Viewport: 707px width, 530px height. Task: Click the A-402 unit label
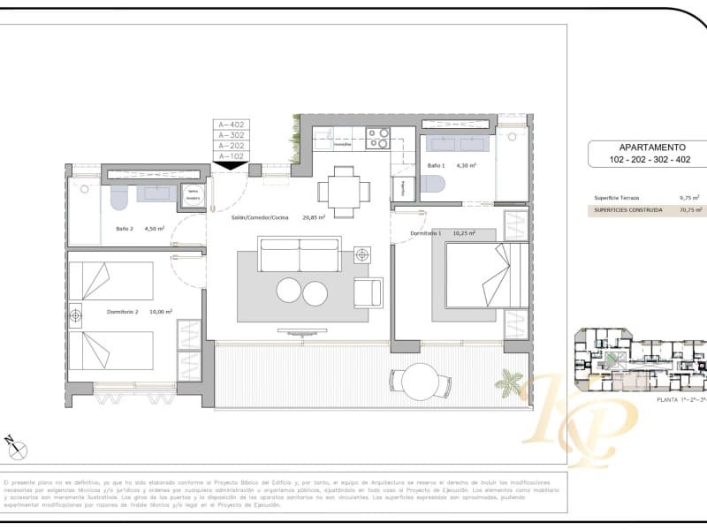[x=231, y=125]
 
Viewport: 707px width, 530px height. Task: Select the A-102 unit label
[x=231, y=156]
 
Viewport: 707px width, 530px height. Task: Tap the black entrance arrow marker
[x=231, y=165]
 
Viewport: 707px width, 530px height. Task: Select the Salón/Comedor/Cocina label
[x=261, y=216]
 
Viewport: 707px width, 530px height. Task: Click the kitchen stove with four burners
[x=378, y=138]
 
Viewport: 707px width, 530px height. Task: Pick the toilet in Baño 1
[x=432, y=184]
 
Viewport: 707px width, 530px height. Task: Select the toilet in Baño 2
[x=118, y=199]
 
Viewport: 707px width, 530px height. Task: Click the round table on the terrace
[x=414, y=381]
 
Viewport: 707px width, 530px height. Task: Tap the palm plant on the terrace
[x=510, y=382]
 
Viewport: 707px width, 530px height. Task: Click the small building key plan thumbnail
[x=638, y=360]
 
